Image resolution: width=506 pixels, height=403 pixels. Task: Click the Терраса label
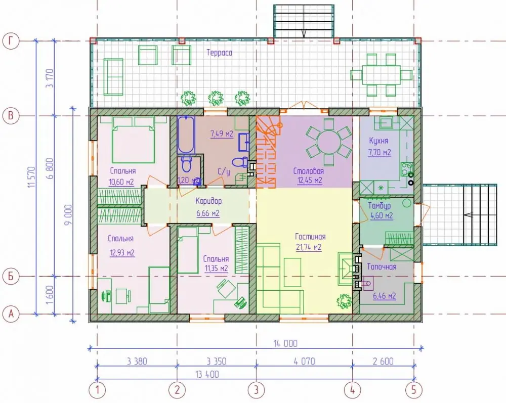point(219,53)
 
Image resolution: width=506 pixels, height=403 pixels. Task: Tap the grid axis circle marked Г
point(11,41)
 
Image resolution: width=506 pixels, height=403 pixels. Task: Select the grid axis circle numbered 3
point(256,390)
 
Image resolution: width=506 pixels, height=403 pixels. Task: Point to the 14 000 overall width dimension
point(285,344)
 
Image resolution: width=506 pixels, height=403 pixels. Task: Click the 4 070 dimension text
point(304,362)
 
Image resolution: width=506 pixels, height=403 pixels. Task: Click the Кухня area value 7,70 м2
point(379,152)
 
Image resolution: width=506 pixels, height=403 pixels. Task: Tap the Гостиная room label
point(310,237)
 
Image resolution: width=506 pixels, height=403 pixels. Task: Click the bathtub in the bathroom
point(186,135)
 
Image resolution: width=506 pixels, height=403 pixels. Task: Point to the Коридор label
point(208,201)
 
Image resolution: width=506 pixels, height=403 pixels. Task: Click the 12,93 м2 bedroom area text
point(122,253)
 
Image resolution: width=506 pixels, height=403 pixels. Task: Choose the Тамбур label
point(379,206)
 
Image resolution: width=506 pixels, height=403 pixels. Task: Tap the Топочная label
point(382,267)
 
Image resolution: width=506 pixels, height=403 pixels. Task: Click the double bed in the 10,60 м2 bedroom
point(133,140)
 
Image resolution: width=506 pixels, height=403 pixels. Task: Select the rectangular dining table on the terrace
point(381,75)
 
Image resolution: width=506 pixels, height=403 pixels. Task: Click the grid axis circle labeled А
point(11,314)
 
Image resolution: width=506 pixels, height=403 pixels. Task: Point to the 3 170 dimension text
point(50,78)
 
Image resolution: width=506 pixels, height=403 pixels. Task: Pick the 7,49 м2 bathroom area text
point(222,134)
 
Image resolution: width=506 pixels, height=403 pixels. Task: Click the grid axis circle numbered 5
point(414,390)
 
